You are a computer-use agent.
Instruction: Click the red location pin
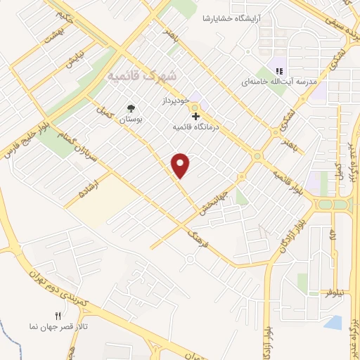click(181, 165)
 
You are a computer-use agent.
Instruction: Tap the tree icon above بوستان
click(130, 108)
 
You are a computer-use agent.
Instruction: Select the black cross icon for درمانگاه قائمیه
click(195, 115)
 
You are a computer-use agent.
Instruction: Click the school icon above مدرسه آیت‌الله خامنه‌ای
click(278, 71)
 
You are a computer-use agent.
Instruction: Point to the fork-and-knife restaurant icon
click(58, 315)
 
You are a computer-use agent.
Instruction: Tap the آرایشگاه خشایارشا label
click(234, 18)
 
